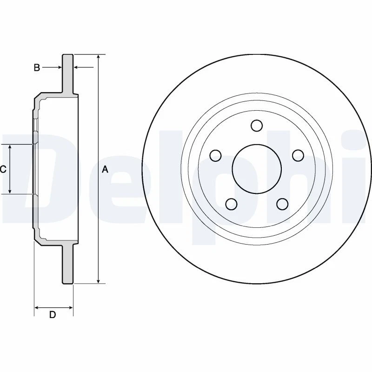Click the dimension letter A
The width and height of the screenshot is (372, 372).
click(105, 170)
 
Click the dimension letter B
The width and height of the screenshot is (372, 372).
click(37, 68)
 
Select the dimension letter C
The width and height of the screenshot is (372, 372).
click(3, 169)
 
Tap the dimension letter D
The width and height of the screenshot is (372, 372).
click(53, 315)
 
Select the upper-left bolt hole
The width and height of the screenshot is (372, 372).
click(215, 155)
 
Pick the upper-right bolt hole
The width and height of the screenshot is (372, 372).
click(297, 155)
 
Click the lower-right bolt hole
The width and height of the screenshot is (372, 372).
click(282, 204)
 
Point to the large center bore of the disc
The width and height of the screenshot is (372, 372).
click(256, 168)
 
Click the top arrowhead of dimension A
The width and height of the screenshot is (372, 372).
click(98, 57)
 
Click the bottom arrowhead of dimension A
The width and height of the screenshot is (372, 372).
click(98, 280)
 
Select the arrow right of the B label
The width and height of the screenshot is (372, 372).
click(58, 68)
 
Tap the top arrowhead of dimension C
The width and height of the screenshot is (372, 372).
click(10, 147)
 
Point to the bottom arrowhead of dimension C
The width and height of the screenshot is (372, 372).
click(10, 191)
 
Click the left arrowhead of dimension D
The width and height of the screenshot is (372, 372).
click(38, 307)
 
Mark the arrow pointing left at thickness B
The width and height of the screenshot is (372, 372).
click(78, 68)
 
